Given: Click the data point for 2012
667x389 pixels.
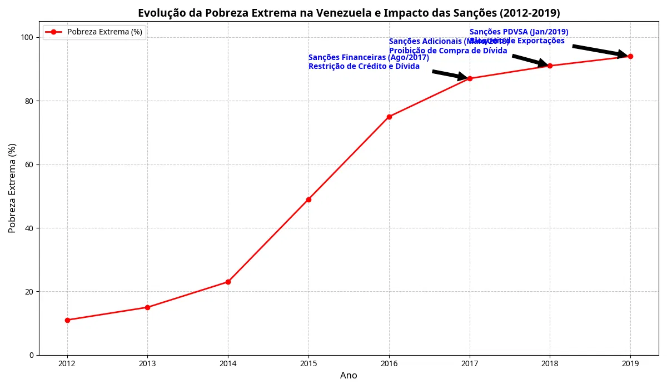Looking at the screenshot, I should (x=67, y=320).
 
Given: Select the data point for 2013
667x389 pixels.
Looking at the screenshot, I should (x=147, y=307).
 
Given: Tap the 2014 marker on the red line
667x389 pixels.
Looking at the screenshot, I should (x=228, y=282).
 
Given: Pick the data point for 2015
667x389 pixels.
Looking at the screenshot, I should (x=308, y=200).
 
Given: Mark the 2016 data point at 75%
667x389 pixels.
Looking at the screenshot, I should (x=389, y=117).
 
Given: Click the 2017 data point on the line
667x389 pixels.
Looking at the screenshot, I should (x=470, y=78).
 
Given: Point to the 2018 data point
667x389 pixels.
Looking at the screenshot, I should (x=550, y=66).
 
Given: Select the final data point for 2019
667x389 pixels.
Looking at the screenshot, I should (x=630, y=56).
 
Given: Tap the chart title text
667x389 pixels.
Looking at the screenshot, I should (x=349, y=13).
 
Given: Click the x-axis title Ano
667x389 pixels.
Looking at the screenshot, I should (x=349, y=376).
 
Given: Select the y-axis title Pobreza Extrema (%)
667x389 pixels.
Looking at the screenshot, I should (x=12, y=188).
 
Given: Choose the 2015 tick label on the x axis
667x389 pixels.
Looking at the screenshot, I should (x=308, y=364).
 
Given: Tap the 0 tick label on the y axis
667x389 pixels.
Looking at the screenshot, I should (x=31, y=355).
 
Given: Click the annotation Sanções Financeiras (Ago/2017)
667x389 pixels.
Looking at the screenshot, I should (x=369, y=58).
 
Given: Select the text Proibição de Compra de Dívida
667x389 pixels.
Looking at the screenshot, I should (x=448, y=51).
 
